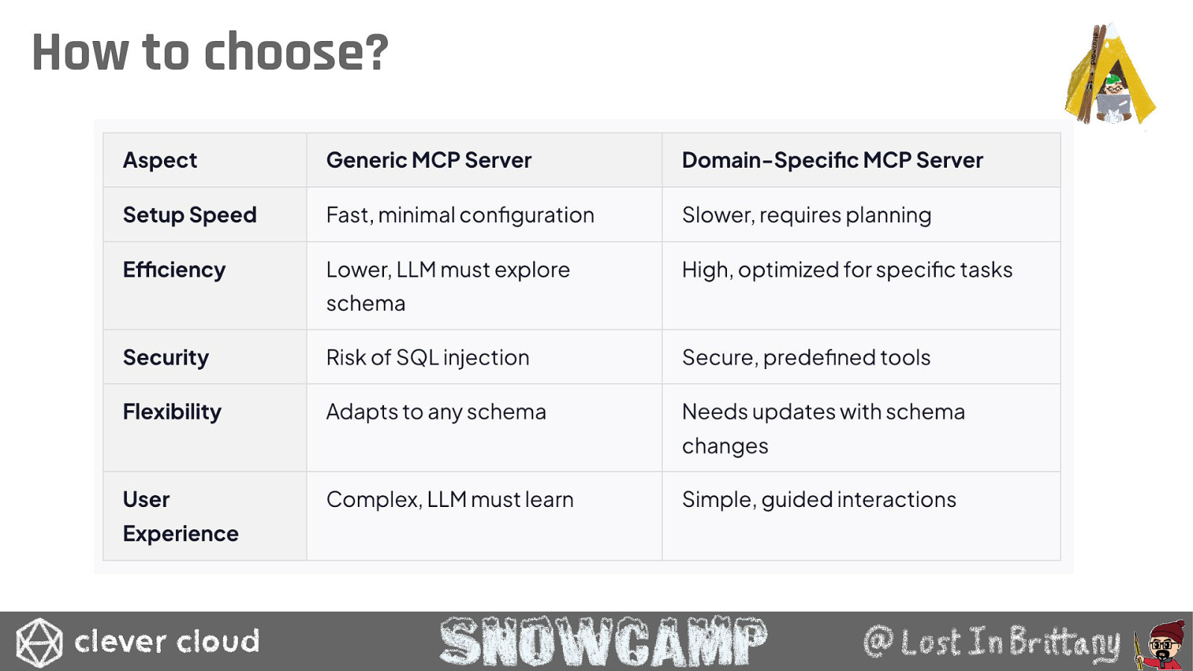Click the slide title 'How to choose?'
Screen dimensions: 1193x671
(210, 51)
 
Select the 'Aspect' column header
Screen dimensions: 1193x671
(160, 160)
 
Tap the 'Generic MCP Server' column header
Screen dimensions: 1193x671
(429, 160)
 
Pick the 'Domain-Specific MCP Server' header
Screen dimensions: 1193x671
(832, 160)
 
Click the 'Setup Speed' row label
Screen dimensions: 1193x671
(189, 215)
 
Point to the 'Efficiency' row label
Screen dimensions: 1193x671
(174, 270)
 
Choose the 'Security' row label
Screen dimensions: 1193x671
(166, 357)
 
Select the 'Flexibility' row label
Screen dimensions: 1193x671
(172, 412)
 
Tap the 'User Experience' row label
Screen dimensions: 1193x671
(180, 517)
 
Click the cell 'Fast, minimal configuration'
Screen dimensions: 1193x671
(460, 215)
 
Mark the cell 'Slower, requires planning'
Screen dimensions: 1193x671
(807, 215)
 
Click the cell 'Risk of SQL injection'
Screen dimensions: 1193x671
(428, 357)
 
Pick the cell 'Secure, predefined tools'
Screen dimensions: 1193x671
(806, 357)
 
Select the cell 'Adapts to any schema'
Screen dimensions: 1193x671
(436, 412)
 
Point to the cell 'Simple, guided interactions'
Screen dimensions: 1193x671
(819, 500)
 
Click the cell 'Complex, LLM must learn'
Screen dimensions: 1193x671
(450, 500)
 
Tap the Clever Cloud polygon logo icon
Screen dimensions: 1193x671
(39, 642)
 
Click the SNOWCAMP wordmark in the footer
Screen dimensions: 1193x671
(603, 641)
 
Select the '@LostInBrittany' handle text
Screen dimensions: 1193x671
(992, 642)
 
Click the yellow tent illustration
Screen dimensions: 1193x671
(1110, 75)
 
